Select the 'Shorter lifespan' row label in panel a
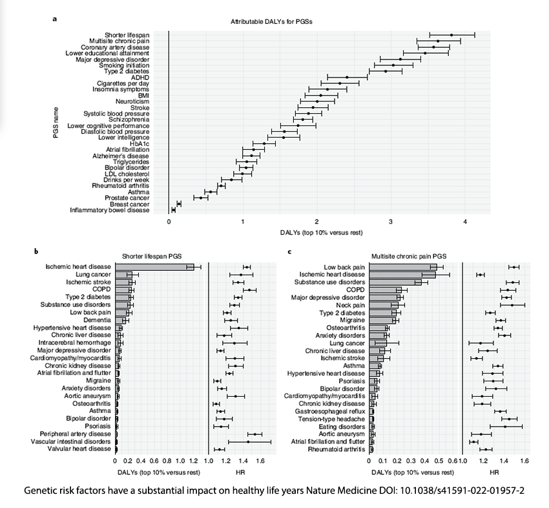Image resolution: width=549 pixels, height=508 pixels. (127, 35)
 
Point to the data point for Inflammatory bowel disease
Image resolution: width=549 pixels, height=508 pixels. (173, 210)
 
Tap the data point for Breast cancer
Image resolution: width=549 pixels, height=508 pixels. (179, 204)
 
